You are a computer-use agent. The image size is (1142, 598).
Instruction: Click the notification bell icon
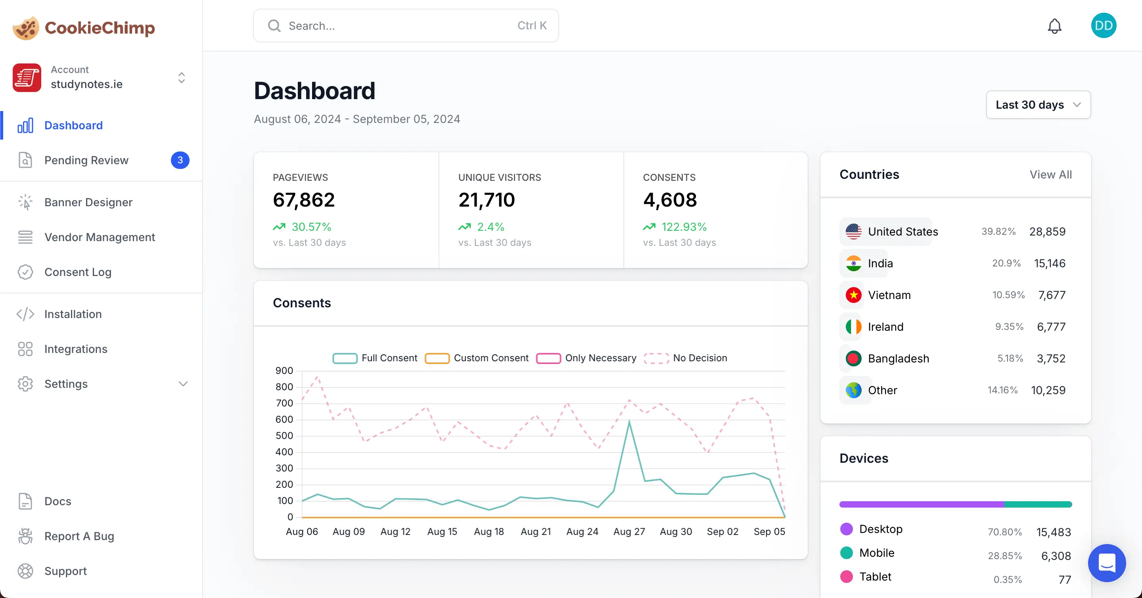click(x=1054, y=26)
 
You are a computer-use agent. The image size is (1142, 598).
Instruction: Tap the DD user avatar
click(x=1103, y=26)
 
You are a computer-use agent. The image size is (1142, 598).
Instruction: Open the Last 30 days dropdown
click(x=1038, y=105)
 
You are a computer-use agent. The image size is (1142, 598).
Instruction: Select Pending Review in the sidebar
click(x=86, y=160)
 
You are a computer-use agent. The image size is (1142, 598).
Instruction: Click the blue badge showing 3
click(x=180, y=160)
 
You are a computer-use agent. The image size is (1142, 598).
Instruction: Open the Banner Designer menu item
click(x=88, y=202)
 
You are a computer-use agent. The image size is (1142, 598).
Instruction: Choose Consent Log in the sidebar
click(x=78, y=272)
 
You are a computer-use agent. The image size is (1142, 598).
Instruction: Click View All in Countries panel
click(x=1050, y=174)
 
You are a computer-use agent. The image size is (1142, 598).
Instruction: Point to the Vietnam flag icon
click(x=853, y=295)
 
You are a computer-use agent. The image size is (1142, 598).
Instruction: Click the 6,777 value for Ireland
click(x=1051, y=327)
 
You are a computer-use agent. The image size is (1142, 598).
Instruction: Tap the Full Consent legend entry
click(x=375, y=358)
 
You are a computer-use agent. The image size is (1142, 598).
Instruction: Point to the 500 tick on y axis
click(x=284, y=436)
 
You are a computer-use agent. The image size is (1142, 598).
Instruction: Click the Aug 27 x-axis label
click(x=628, y=531)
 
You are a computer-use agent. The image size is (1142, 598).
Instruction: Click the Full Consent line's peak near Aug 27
click(x=628, y=422)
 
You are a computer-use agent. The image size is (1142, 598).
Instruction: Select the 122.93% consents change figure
click(x=684, y=227)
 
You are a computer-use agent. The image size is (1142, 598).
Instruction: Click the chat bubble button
click(x=1107, y=563)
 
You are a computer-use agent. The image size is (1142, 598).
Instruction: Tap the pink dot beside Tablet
click(x=846, y=577)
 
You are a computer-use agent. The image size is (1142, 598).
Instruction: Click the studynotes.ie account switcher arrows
click(x=181, y=78)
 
